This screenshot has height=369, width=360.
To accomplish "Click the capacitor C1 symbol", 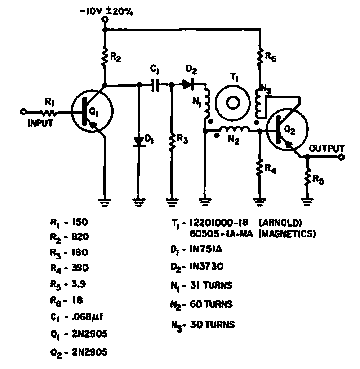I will coord(155,85).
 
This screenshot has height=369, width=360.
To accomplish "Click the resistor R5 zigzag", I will coord(307,179).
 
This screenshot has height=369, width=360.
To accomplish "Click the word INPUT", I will coord(40,123).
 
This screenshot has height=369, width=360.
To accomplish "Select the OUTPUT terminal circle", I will coord(341,157).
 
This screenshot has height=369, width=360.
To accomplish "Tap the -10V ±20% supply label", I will coord(107,12).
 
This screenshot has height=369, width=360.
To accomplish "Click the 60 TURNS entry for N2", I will coord(211,304).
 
